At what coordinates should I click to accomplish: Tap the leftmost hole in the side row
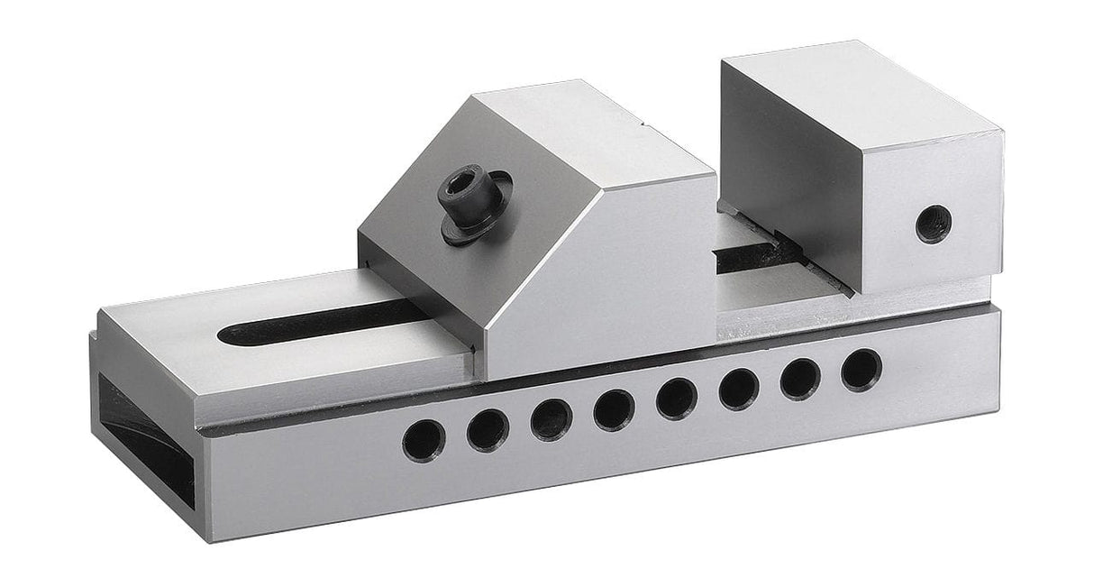[424, 441]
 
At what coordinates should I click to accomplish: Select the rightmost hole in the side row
[862, 370]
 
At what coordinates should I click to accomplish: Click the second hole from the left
[488, 430]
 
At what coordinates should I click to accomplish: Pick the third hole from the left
[551, 420]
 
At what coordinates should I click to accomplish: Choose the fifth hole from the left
[676, 399]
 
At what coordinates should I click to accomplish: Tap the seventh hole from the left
[799, 380]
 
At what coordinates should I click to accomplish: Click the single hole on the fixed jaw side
[934, 223]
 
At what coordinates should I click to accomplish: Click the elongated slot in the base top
[315, 322]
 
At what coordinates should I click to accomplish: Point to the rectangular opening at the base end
[144, 442]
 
